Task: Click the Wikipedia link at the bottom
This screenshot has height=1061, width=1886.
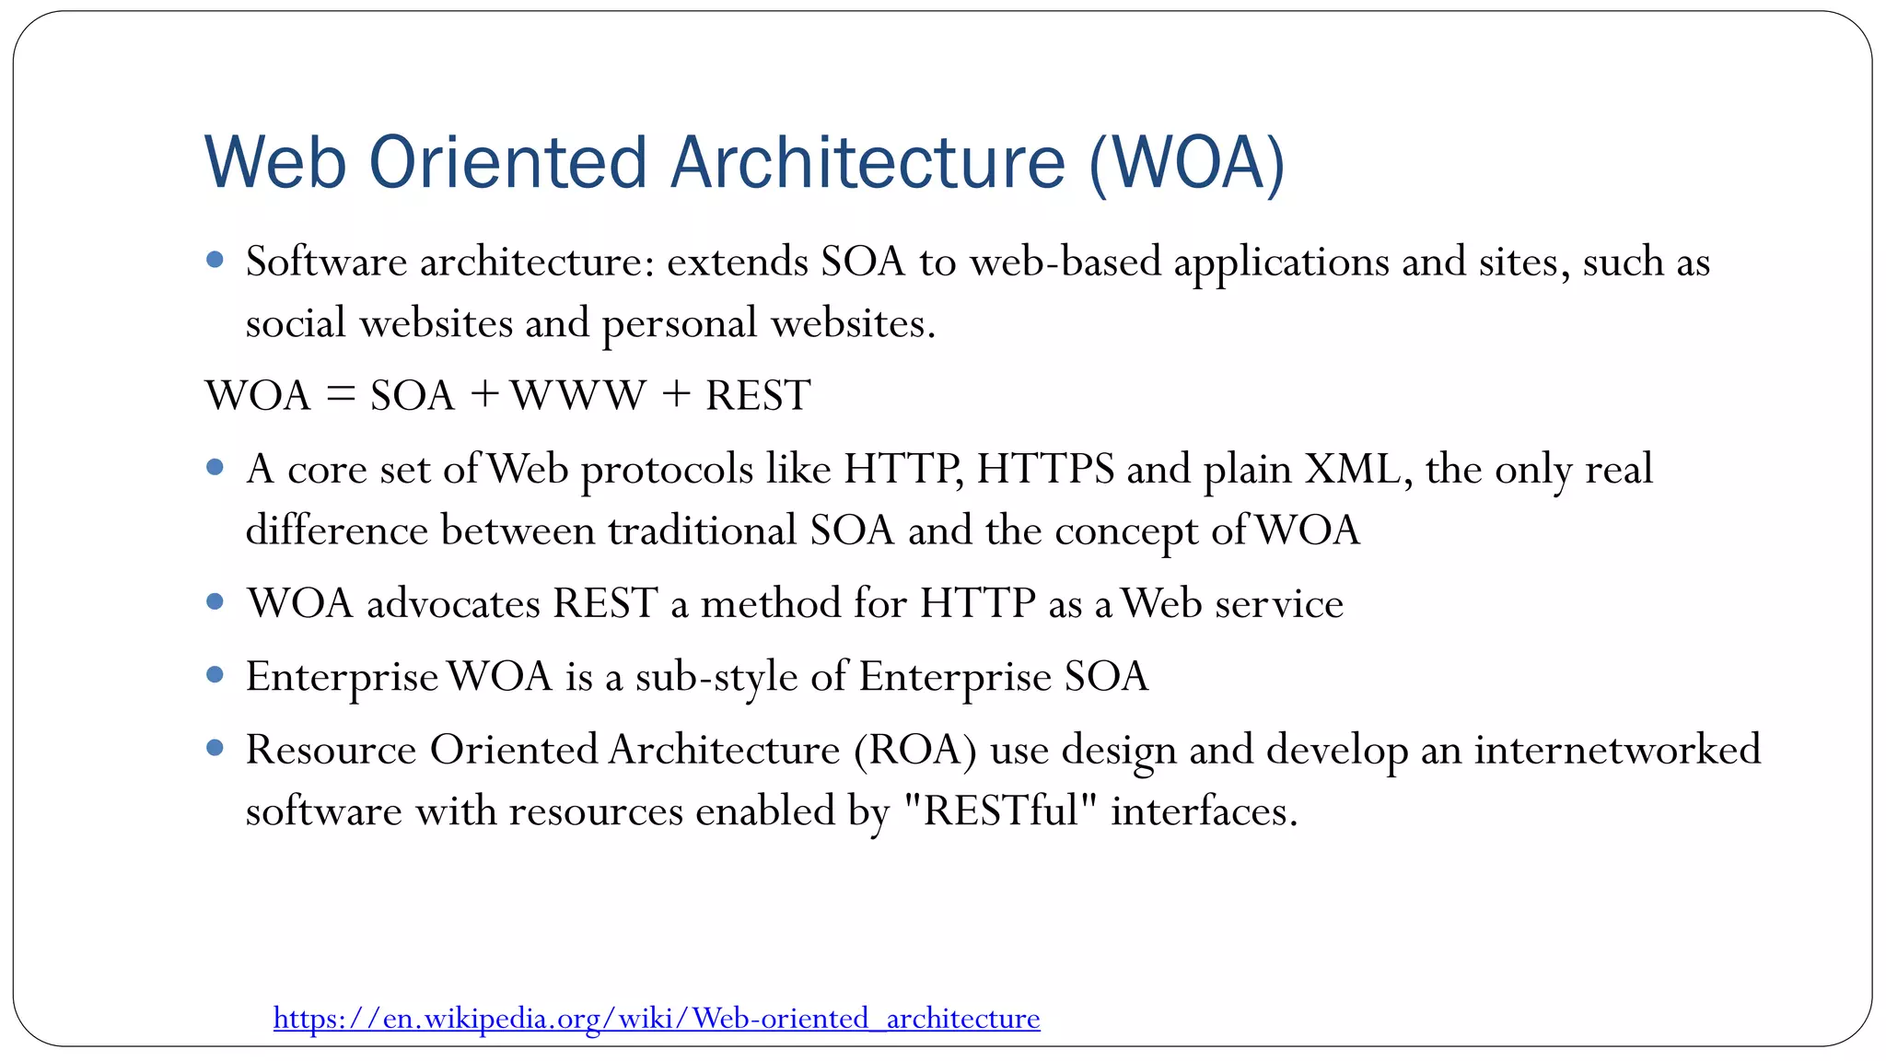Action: [657, 1019]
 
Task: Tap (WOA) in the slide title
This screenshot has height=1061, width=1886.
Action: [1186, 163]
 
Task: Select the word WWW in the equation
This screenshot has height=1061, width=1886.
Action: [578, 396]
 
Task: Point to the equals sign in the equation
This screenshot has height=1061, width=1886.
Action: [340, 396]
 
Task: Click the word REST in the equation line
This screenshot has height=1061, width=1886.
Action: [758, 396]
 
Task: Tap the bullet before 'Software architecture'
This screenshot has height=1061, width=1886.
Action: [215, 261]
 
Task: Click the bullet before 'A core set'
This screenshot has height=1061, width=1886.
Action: [215, 468]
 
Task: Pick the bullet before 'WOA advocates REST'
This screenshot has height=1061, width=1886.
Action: [215, 602]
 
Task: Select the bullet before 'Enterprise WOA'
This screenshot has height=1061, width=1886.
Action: [215, 675]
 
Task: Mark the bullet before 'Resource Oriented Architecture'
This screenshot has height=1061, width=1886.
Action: [215, 748]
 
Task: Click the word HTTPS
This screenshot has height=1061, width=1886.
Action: [1045, 470]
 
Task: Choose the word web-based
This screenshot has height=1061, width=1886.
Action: [1065, 262]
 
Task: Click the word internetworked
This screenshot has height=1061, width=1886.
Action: [1617, 750]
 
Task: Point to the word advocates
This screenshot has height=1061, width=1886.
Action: [453, 604]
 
